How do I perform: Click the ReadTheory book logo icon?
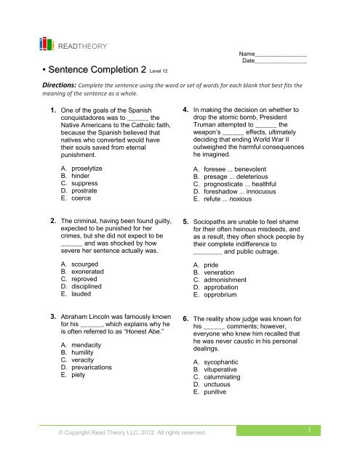pyautogui.click(x=47, y=44)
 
